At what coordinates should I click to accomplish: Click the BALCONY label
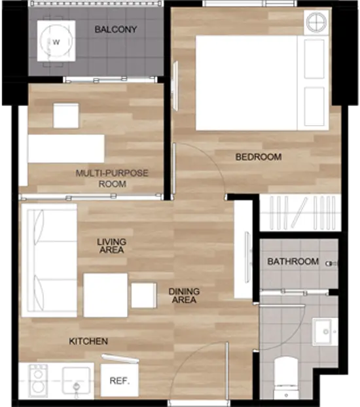click(x=116, y=29)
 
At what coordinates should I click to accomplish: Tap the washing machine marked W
click(x=56, y=41)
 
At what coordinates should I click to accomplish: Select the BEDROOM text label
click(x=259, y=157)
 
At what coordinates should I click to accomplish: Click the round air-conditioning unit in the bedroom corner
click(x=316, y=22)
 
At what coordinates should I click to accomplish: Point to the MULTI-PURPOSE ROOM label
click(x=112, y=179)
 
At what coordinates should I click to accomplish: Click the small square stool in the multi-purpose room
click(x=66, y=116)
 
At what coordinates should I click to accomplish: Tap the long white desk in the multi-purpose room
click(x=66, y=149)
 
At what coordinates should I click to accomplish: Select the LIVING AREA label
click(x=112, y=245)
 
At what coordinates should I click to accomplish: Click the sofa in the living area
click(x=49, y=260)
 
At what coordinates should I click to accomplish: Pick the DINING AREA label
click(x=184, y=295)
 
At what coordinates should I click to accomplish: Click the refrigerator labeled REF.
click(x=120, y=381)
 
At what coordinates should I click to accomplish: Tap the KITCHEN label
click(x=88, y=341)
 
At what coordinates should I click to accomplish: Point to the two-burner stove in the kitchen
click(x=39, y=381)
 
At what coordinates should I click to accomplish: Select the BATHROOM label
click(x=293, y=261)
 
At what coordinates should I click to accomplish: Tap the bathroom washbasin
click(x=325, y=332)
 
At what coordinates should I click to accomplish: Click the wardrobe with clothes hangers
click(x=300, y=213)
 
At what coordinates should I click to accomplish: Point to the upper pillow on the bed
click(x=314, y=59)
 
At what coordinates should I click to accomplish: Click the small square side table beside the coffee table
click(x=143, y=295)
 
